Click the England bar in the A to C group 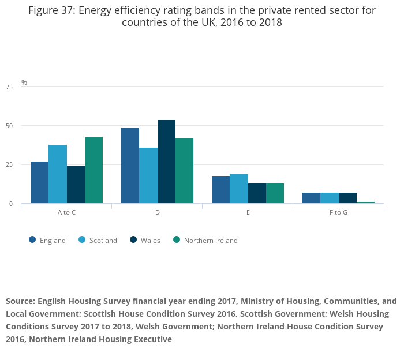39,182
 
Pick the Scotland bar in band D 148,175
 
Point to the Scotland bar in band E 239,189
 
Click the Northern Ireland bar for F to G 365,202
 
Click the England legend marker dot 32,240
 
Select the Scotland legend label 103,241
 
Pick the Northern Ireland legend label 211,241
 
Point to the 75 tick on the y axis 9,87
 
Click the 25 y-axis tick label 9,165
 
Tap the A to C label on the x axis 66,213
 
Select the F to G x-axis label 338,213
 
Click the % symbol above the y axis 24,82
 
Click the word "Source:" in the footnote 20,301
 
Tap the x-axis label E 248,213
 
